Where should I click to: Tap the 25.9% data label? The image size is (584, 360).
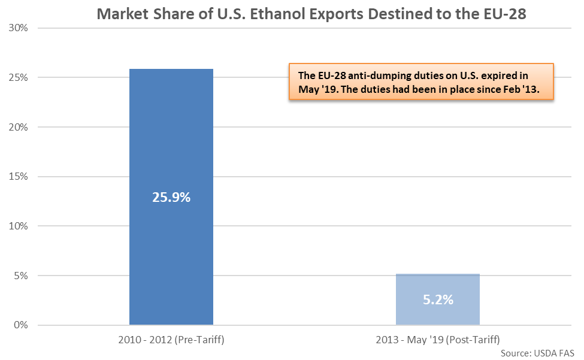coord(171,197)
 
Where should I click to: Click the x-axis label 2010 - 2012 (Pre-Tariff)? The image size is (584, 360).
coord(171,340)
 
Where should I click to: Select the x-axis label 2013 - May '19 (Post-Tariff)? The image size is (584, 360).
coord(437,340)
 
